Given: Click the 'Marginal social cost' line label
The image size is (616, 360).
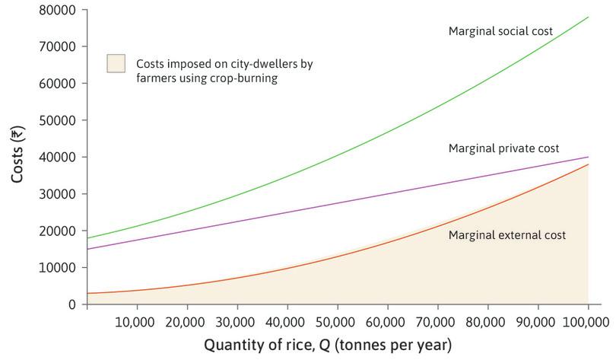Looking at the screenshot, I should pyautogui.click(x=500, y=31).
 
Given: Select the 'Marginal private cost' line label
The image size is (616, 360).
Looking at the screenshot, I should pyautogui.click(x=503, y=148).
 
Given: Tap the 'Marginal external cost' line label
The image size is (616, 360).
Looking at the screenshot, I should pyautogui.click(x=506, y=235).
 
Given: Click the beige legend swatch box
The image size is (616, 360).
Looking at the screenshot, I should pyautogui.click(x=116, y=63).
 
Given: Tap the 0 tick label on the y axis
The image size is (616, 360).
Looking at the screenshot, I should pyautogui.click(x=72, y=304).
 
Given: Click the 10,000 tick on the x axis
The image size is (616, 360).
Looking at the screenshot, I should pyautogui.click(x=137, y=322).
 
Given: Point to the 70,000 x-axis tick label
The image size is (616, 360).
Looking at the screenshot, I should pyautogui.click(x=437, y=322).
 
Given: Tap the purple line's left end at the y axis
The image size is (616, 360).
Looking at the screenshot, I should pyautogui.click(x=87, y=249).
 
